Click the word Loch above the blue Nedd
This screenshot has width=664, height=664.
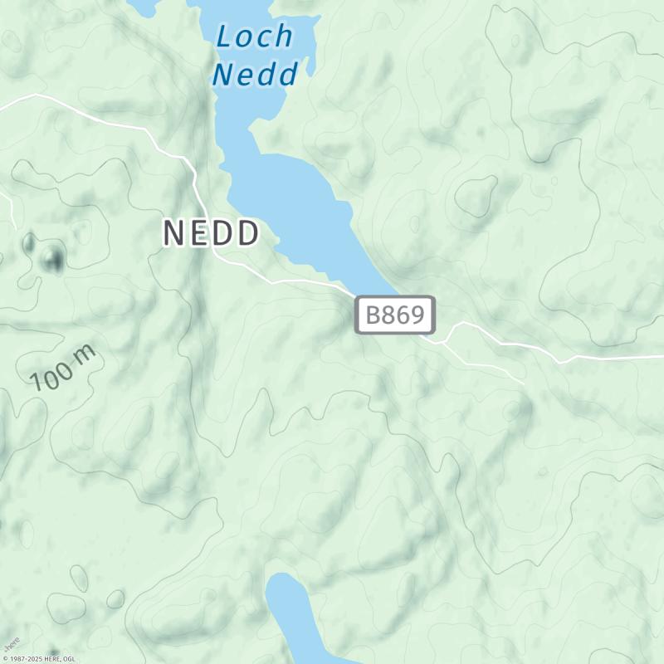click(255, 37)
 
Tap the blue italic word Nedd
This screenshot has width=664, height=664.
click(255, 75)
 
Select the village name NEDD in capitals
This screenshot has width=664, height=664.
click(211, 233)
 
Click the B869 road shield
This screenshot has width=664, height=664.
click(395, 315)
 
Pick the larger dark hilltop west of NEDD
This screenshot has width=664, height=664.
click(53, 258)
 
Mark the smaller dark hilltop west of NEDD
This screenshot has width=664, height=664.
click(30, 243)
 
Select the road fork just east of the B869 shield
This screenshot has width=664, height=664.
click(447, 341)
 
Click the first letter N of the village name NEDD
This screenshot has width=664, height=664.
click(173, 233)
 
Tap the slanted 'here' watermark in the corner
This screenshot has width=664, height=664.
click(11, 644)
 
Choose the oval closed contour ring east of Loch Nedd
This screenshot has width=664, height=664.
click(475, 198)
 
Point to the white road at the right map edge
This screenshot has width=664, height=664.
click(656, 357)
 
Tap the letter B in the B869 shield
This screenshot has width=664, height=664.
click(373, 315)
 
